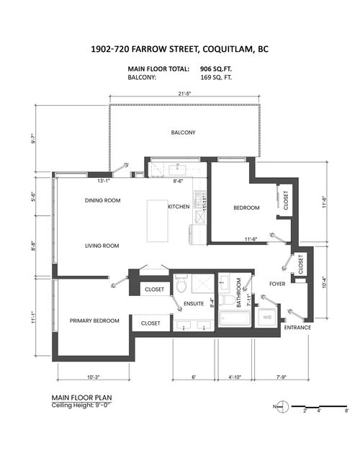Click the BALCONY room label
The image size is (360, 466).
[183, 133]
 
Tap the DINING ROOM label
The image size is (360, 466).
[102, 200]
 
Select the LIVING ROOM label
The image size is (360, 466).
[102, 246]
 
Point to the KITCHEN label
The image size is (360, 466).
[179, 207]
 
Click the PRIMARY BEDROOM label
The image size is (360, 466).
[94, 321]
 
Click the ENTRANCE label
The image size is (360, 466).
[297, 328]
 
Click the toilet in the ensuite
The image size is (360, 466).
[181, 286]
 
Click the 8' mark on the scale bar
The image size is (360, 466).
[346, 411]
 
